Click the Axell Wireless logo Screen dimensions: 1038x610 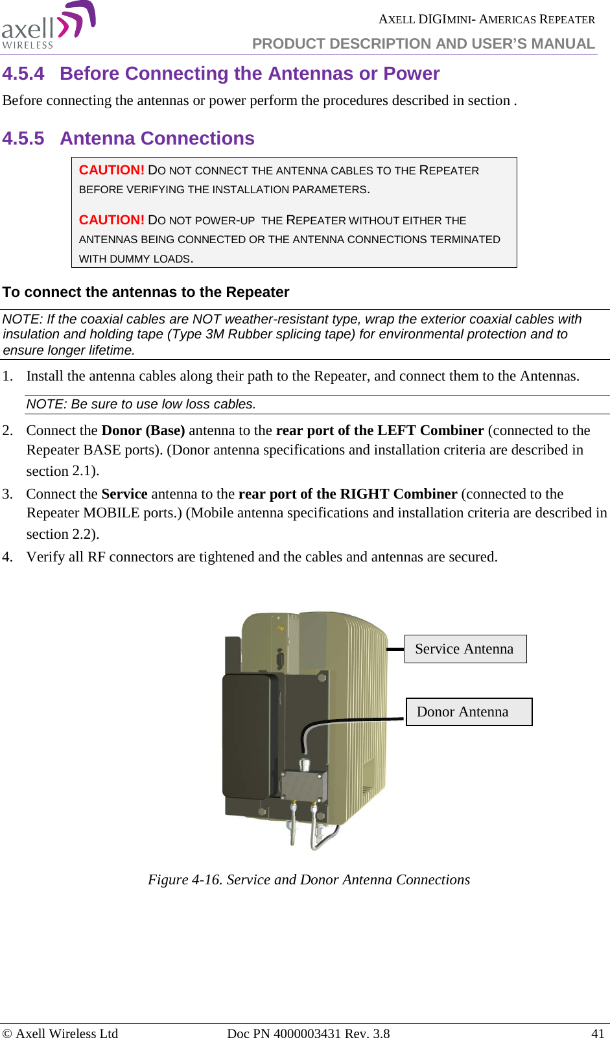pyautogui.click(x=49, y=26)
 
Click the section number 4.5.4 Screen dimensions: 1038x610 pyautogui.click(x=23, y=74)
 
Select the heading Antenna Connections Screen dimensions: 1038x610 pyautogui.click(x=157, y=139)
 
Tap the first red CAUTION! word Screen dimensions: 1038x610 pyautogui.click(x=111, y=170)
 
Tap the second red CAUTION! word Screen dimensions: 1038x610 pyautogui.click(x=111, y=220)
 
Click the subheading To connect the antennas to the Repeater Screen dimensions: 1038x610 pyautogui.click(x=146, y=292)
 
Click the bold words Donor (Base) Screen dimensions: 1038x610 pyautogui.click(x=143, y=431)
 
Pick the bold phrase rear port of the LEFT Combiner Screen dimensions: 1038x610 pyautogui.click(x=380, y=431)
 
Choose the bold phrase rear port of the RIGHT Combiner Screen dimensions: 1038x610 pyautogui.click(x=348, y=494)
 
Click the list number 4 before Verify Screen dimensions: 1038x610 pyautogui.click(x=6, y=557)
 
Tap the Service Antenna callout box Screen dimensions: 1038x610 pyautogui.click(x=465, y=649)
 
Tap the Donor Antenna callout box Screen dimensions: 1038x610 pyautogui.click(x=468, y=712)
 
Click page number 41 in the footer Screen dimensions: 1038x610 pyautogui.click(x=597, y=1033)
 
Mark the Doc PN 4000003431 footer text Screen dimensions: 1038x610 pyautogui.click(x=309, y=1033)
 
